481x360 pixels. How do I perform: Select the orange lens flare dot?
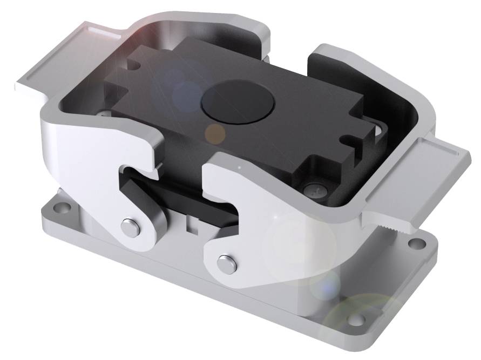click(x=216, y=132)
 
